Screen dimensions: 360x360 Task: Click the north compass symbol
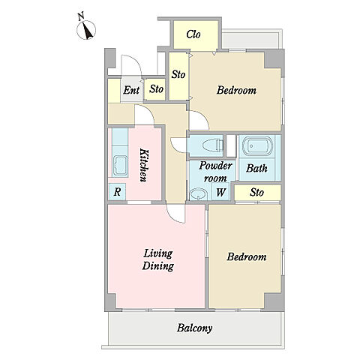[86, 28]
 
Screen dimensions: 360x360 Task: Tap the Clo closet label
[193, 34]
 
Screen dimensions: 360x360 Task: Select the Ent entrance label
[131, 90]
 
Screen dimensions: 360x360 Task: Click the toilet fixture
[212, 145]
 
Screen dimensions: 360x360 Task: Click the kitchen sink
[121, 165]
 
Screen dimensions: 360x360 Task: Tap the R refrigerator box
[117, 192]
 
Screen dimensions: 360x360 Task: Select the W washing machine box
[220, 192]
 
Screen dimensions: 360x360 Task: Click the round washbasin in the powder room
[199, 194]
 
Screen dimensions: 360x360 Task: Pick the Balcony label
[195, 328]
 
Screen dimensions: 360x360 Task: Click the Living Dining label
[158, 259]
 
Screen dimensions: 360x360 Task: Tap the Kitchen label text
[144, 165]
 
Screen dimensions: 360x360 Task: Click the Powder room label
[215, 172]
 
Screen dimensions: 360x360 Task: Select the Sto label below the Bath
[257, 192]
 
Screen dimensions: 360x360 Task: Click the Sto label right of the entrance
[156, 89]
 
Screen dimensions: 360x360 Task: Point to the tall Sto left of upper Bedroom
[178, 74]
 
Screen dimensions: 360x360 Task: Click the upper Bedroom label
[236, 90]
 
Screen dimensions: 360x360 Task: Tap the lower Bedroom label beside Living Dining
[247, 256]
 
